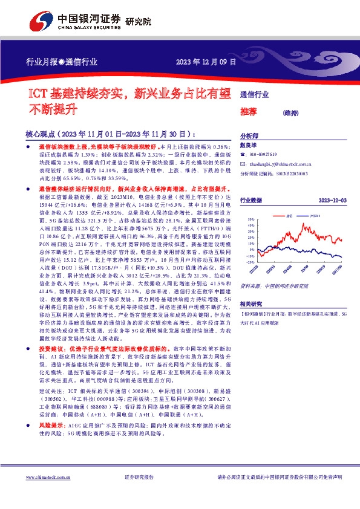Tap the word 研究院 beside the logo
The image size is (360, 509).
[138, 22]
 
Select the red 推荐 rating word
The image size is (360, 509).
[249, 111]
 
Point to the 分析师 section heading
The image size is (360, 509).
[249, 137]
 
